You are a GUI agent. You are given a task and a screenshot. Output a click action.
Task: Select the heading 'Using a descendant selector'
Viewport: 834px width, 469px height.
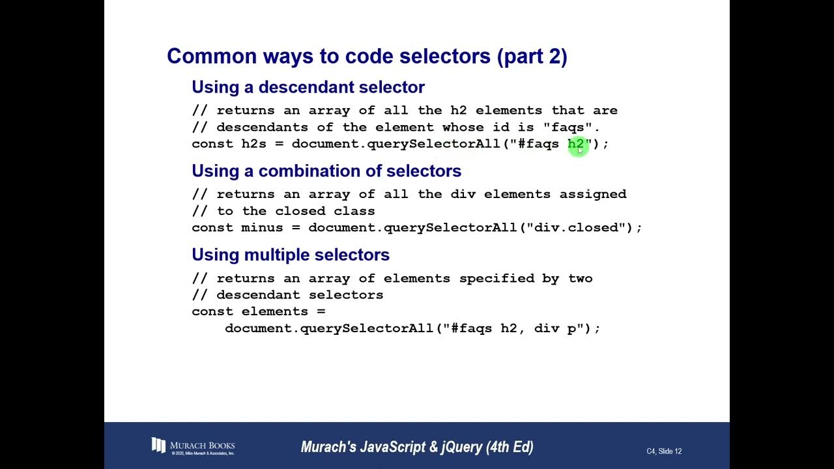tap(308, 87)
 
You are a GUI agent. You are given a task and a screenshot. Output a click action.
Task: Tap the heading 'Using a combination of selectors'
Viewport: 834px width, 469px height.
tap(326, 171)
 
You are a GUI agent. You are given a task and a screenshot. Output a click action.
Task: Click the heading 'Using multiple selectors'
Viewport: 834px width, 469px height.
tap(291, 255)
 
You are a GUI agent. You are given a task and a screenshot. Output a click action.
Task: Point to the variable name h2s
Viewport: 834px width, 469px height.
tap(253, 144)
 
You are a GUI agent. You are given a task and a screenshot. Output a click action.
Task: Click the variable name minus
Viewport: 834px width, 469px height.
tap(262, 228)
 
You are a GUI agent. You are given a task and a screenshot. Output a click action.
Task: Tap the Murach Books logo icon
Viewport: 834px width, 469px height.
tap(158, 445)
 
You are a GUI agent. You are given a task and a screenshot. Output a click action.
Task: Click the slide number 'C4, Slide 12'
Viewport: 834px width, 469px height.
tap(664, 451)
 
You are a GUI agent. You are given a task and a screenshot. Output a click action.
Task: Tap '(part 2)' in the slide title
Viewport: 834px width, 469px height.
tap(532, 56)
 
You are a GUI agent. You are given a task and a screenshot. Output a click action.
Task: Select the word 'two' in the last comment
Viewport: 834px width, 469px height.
tap(580, 278)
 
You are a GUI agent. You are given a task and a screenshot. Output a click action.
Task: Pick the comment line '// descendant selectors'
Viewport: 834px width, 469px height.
tap(287, 295)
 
